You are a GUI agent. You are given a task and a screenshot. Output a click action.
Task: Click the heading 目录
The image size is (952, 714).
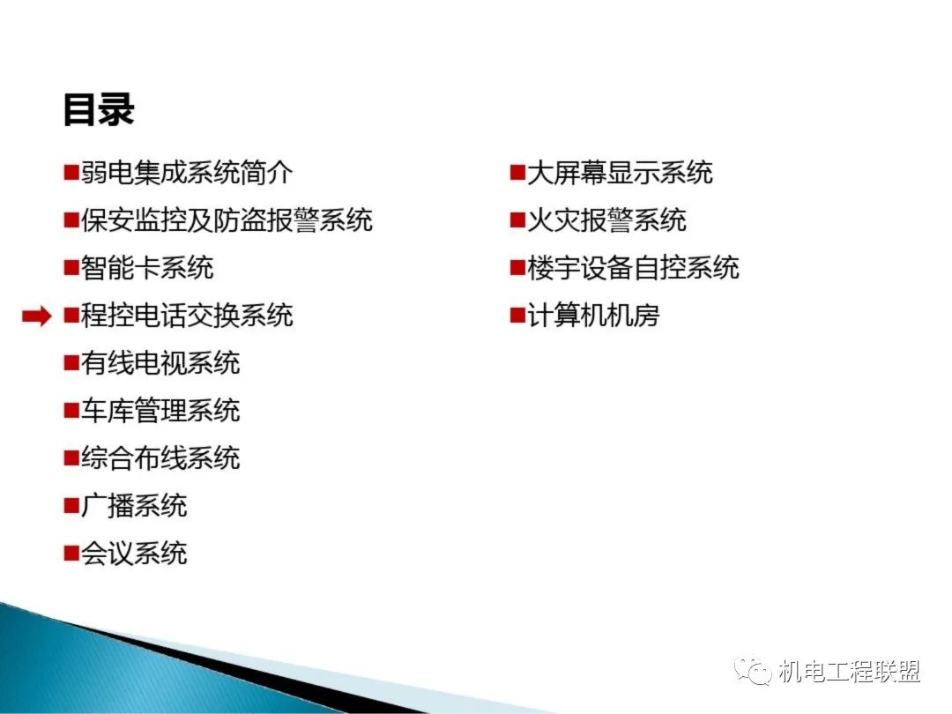pos(99,110)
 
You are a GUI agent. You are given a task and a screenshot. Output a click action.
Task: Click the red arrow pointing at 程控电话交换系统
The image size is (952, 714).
pos(36,316)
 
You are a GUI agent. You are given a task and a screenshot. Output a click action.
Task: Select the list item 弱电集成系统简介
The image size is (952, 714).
pos(187,173)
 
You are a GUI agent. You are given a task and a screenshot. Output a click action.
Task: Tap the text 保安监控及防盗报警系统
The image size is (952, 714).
pos(227,219)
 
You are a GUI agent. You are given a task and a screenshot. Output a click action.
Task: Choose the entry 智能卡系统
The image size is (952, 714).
pos(147,268)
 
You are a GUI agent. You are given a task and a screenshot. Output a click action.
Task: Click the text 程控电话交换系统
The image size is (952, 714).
pos(187,315)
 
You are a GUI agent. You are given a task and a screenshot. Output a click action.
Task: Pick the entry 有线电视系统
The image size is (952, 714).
pos(161,362)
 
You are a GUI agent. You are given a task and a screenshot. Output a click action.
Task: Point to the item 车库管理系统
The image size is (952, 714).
pos(161,410)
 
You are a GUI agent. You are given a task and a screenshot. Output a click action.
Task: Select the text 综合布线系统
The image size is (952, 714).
pos(161,457)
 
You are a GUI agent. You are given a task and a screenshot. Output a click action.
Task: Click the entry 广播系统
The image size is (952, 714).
pos(134,505)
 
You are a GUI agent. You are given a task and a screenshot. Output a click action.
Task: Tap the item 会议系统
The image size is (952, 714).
pos(134,553)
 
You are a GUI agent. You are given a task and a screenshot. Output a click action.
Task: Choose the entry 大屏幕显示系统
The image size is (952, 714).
pos(620,173)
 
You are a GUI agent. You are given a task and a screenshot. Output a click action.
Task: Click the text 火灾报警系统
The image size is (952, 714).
pos(606,219)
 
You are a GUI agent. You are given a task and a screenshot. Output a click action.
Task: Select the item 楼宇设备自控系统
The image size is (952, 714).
pos(633,268)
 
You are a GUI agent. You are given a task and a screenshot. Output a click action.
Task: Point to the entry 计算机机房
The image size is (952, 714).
pos(593,315)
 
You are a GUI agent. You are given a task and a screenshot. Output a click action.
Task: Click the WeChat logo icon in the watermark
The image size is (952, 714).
pos(753,670)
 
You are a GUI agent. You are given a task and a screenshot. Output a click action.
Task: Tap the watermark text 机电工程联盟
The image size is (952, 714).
pos(849,671)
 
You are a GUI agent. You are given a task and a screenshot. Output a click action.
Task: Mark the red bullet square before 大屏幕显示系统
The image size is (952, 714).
pos(517,173)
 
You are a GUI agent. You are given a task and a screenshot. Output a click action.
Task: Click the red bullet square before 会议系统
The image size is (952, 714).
pos(71,553)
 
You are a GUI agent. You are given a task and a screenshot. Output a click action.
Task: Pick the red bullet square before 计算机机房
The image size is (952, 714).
pos(517,316)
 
